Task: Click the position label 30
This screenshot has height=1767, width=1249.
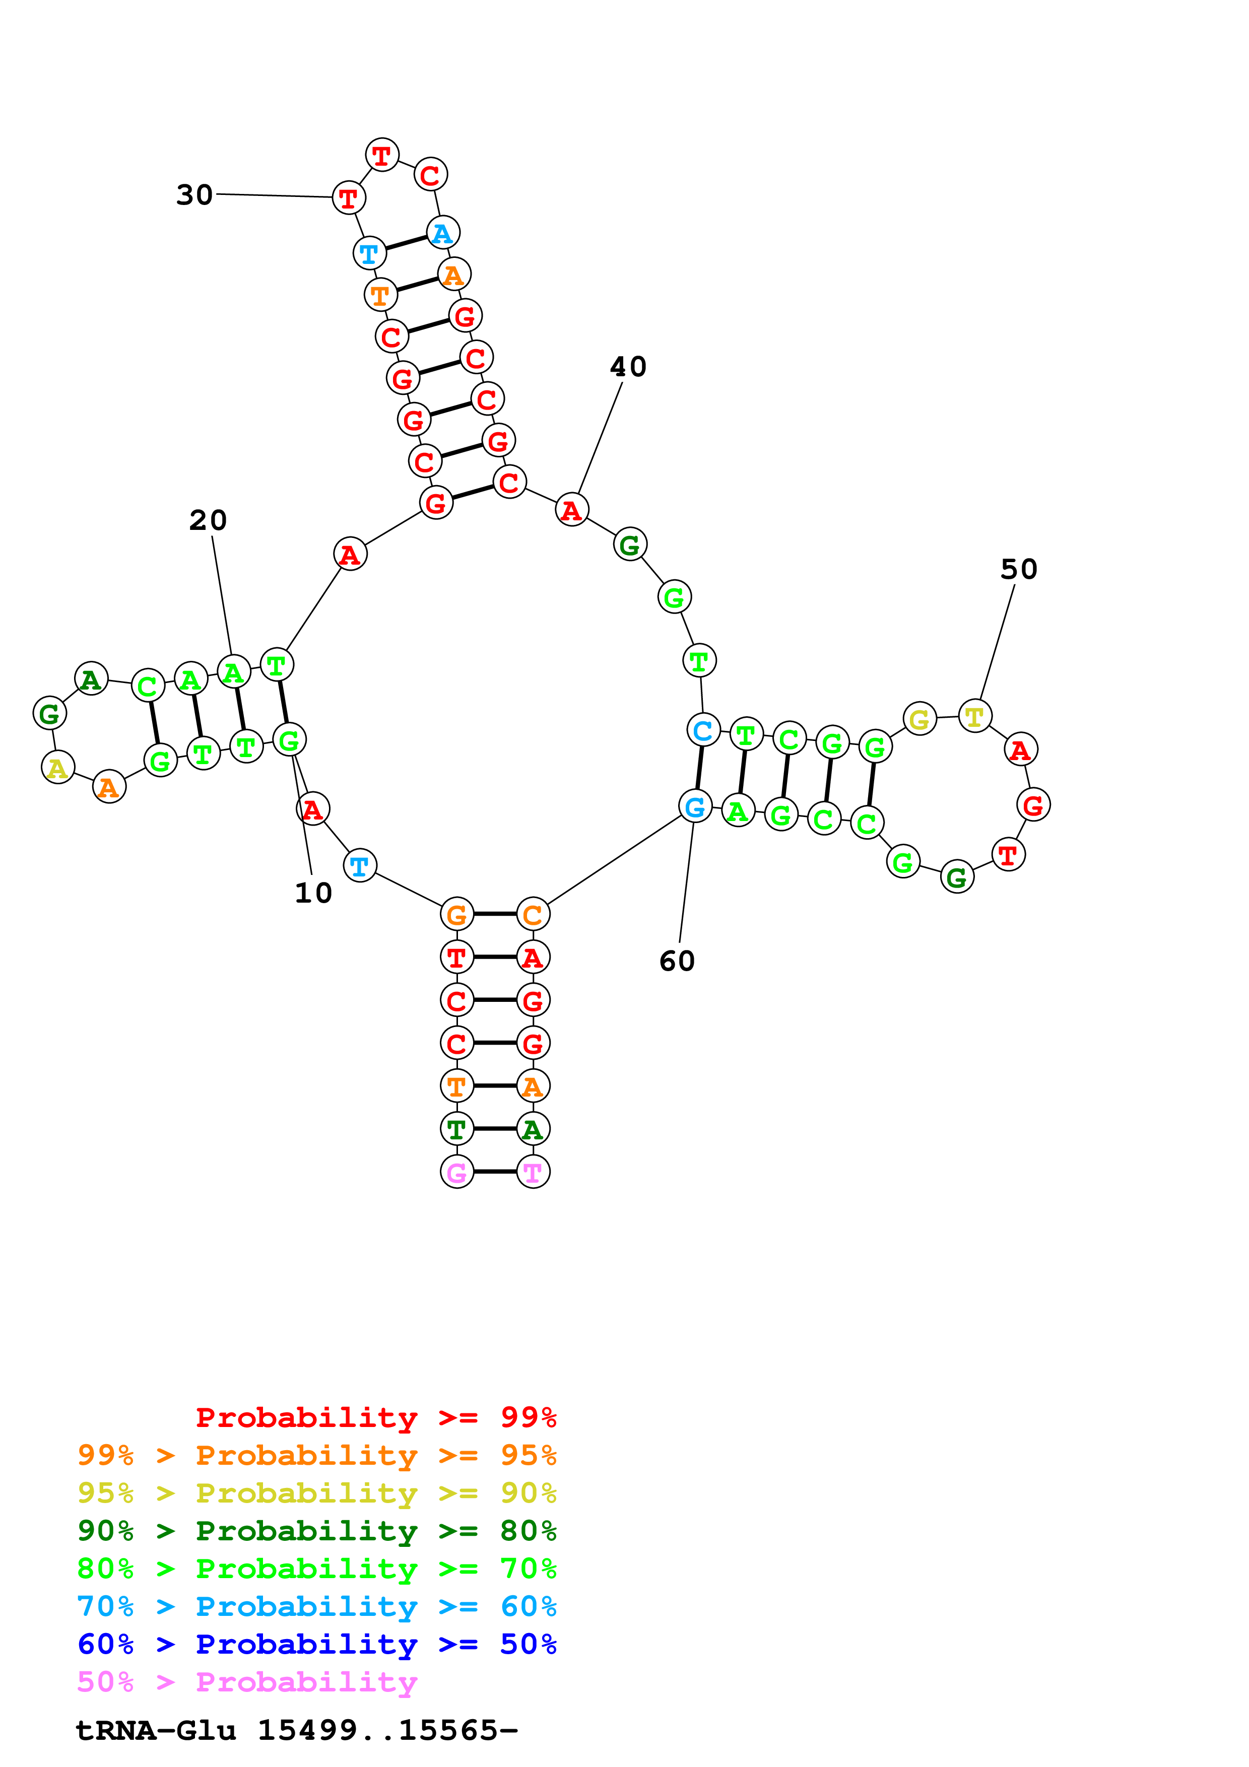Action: [194, 195]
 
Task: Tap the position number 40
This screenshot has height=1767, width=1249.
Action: [628, 366]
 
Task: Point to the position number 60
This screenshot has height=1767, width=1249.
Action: [677, 961]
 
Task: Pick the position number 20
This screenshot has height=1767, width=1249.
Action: [208, 520]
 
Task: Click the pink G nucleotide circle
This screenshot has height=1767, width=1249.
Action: [456, 1172]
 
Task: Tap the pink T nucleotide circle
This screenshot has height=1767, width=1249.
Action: [533, 1172]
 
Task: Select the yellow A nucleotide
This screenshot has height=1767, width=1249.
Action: [58, 767]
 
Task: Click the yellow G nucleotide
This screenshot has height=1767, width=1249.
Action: [919, 720]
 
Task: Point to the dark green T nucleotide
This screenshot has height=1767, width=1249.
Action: [456, 1129]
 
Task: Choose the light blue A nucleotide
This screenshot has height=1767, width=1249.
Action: [442, 232]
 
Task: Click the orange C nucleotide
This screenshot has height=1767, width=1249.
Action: [533, 914]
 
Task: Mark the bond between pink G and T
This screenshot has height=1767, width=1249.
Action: [495, 1171]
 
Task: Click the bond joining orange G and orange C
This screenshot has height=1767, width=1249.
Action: [495, 914]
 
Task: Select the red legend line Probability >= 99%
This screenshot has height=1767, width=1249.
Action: [375, 1417]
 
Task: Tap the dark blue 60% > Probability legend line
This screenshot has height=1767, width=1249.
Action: [316, 1645]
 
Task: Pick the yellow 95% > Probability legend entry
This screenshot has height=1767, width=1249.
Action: [316, 1493]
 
